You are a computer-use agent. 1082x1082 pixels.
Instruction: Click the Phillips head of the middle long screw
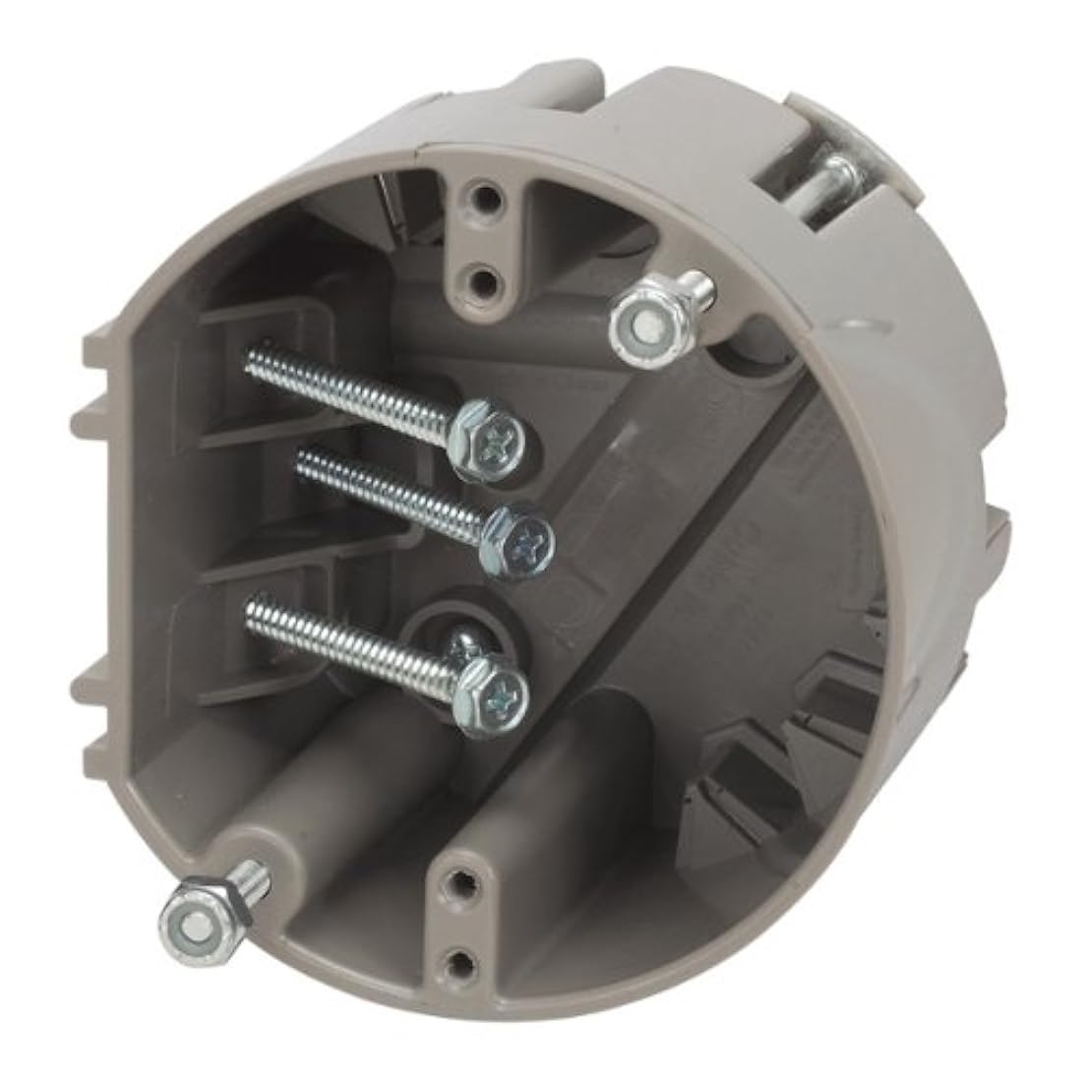pos(522,536)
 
